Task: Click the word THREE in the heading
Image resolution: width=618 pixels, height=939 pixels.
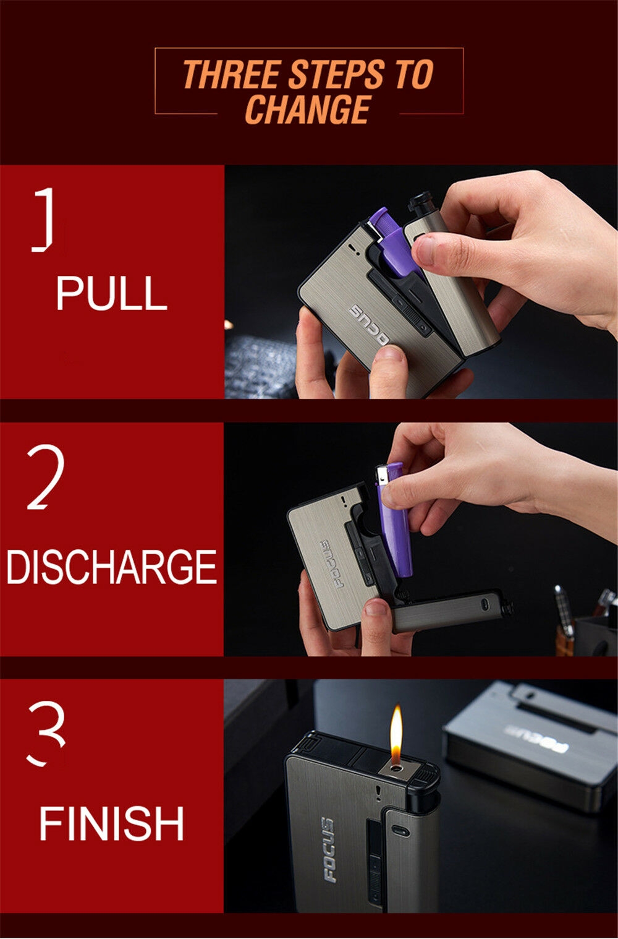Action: pyautogui.click(x=232, y=74)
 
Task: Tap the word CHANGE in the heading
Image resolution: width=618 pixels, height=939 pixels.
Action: pyautogui.click(x=308, y=109)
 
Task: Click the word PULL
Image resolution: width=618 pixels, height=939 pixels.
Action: pyautogui.click(x=112, y=293)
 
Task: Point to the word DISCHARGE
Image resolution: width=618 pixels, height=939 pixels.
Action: pyautogui.click(x=111, y=567)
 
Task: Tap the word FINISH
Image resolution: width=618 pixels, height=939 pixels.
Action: pyautogui.click(x=111, y=823)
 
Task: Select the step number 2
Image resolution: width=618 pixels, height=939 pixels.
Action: pyautogui.click(x=46, y=477)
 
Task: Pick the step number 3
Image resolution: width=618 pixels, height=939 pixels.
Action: pyautogui.click(x=46, y=733)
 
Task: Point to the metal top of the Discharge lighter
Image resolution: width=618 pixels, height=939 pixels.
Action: pyautogui.click(x=381, y=474)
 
